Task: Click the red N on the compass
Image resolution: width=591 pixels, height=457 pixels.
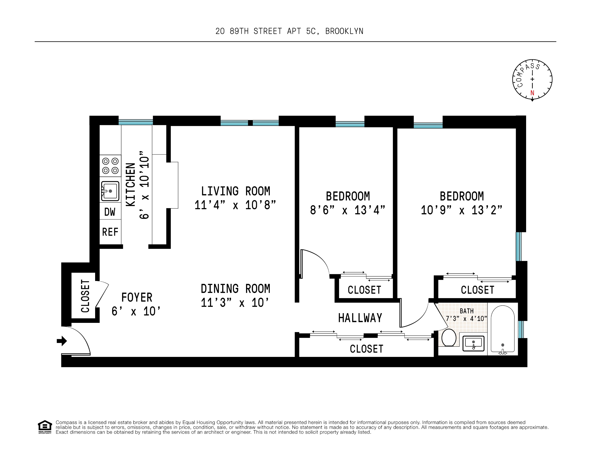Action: pos(532,93)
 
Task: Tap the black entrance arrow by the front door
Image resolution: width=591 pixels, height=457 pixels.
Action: pos(62,341)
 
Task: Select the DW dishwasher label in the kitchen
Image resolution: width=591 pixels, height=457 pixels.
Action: pos(110,212)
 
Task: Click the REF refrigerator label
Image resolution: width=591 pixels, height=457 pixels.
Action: pos(110,232)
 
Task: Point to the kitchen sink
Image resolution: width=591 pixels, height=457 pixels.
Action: pos(110,191)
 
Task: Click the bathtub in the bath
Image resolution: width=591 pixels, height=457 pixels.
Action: pos(502,329)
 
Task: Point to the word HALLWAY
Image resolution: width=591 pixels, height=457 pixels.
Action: pos(360,318)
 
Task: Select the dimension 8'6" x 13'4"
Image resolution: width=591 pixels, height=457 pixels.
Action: pos(347,210)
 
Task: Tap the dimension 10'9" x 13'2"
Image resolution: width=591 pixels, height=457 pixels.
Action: pos(461,210)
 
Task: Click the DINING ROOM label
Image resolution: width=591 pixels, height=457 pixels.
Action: pos(235,289)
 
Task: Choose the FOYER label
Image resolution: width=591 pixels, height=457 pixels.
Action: pos(137,298)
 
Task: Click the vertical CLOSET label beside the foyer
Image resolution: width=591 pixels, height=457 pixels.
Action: pos(85,296)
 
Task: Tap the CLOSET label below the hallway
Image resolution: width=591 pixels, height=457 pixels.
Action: pos(366,349)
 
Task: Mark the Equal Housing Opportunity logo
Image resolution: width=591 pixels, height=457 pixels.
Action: pos(45,427)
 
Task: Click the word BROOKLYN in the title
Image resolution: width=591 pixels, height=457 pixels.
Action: pos(344,32)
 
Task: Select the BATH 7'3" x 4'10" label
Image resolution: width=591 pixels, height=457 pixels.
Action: pos(466,315)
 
